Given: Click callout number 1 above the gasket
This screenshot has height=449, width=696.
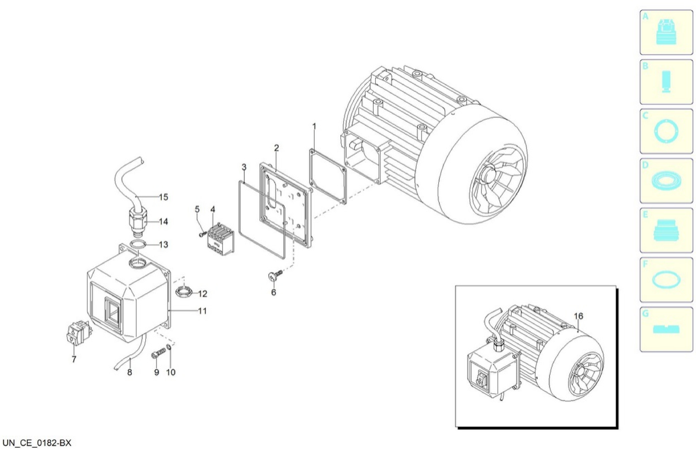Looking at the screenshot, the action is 314,127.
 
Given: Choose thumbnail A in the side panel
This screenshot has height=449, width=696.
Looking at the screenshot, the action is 666,32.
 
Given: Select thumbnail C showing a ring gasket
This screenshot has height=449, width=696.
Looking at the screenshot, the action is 666,131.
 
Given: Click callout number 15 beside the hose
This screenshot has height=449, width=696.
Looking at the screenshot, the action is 163,197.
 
